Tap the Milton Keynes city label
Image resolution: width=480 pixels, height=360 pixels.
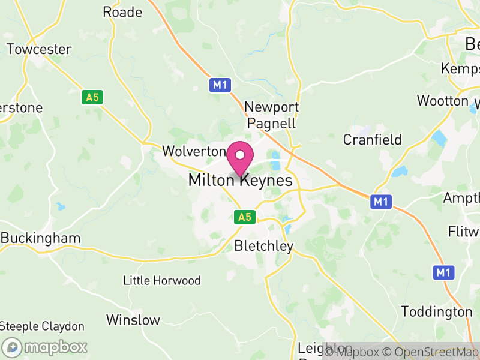pos(240,180)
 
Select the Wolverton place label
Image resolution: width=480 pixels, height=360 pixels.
pos(193,151)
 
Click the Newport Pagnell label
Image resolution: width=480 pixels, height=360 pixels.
pos(271,115)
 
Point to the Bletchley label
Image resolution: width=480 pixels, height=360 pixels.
pos(264,246)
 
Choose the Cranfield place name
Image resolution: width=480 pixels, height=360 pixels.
pos(372,140)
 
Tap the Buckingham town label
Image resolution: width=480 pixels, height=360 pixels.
pos(41,238)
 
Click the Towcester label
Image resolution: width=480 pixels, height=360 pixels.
pos(39,49)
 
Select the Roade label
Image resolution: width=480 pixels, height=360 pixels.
pos(122,12)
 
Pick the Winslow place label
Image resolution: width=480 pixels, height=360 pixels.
pos(133,320)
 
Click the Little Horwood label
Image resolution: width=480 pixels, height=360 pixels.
pos(161,280)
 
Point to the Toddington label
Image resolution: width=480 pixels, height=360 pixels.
pos(436,312)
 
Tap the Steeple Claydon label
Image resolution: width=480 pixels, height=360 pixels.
pos(42,326)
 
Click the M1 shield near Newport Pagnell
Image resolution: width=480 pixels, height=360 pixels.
pos(220,85)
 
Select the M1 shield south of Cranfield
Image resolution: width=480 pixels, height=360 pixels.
pos(380,202)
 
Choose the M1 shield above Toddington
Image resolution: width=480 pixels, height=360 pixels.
pos(443,273)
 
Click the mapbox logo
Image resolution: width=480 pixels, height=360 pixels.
pos(46,347)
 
